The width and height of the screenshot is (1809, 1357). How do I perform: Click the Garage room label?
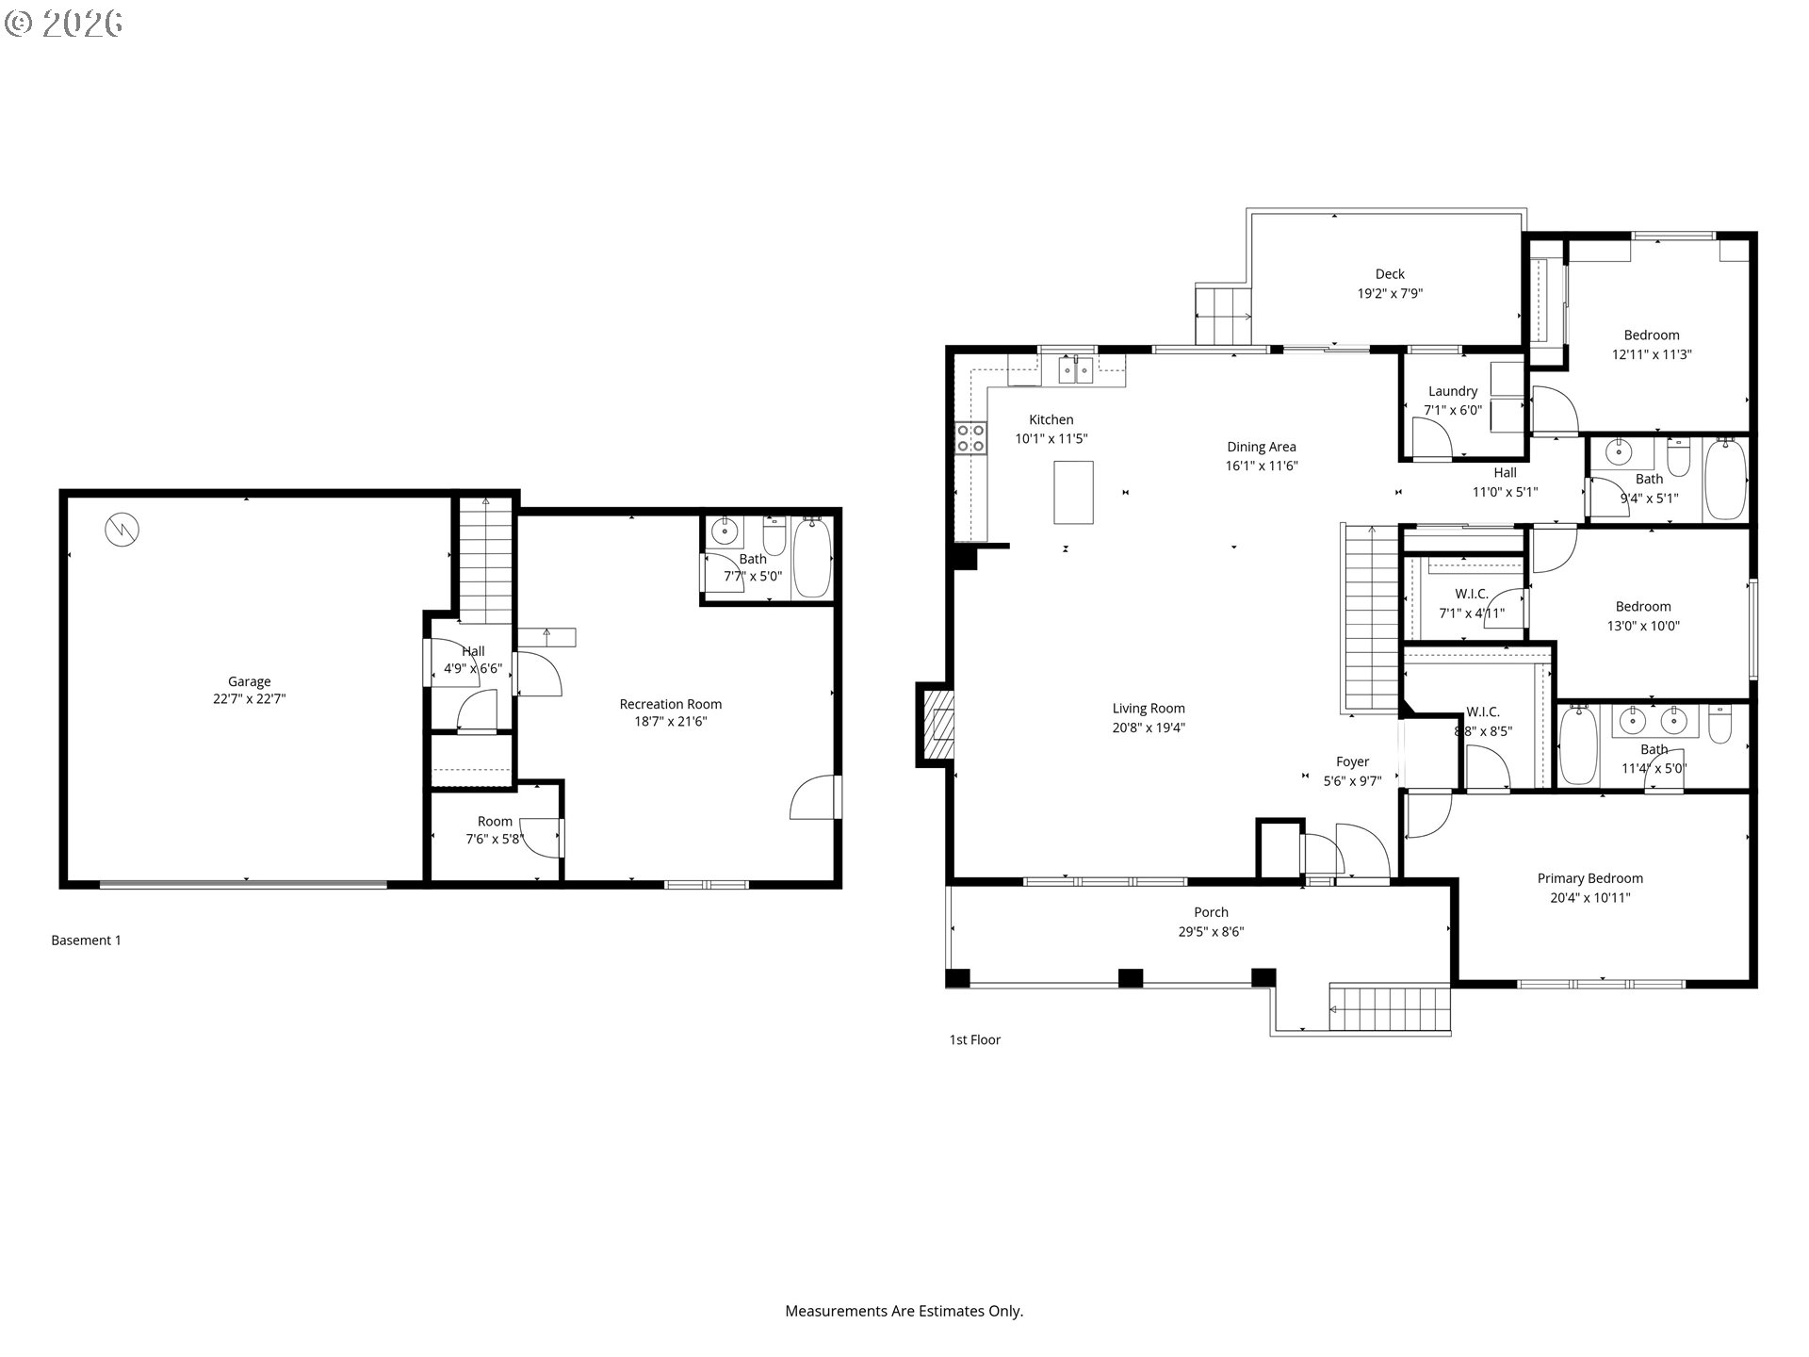[x=249, y=681]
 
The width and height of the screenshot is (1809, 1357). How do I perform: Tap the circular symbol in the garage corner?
[x=122, y=530]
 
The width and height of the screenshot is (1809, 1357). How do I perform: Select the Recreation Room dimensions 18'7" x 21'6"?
[x=670, y=722]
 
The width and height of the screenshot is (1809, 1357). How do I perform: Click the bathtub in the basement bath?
[x=811, y=558]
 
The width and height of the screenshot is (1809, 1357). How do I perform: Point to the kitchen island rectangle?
[x=1073, y=492]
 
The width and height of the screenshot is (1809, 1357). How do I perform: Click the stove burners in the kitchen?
[x=970, y=438]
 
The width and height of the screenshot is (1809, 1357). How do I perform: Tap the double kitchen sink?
[x=1076, y=371]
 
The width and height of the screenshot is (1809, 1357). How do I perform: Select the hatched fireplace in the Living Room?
[x=938, y=726]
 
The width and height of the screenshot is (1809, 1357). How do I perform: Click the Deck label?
[x=1390, y=274]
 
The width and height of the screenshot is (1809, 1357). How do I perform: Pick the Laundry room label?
[x=1452, y=391]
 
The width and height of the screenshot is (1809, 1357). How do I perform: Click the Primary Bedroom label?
[x=1589, y=878]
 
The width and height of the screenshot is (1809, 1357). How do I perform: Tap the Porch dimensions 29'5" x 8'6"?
[x=1211, y=932]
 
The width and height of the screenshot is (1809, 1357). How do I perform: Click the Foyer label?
[x=1352, y=761]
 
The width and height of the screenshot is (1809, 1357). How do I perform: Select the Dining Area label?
[x=1261, y=447]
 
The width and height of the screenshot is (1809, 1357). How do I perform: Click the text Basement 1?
[x=86, y=940]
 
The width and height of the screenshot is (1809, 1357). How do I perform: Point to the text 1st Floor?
[x=974, y=1040]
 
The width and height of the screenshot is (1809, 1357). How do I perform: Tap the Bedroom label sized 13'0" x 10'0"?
[x=1642, y=607]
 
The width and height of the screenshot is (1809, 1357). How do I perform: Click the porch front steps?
[x=1389, y=1009]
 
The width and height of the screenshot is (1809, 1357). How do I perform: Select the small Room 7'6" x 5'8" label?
[x=494, y=822]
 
